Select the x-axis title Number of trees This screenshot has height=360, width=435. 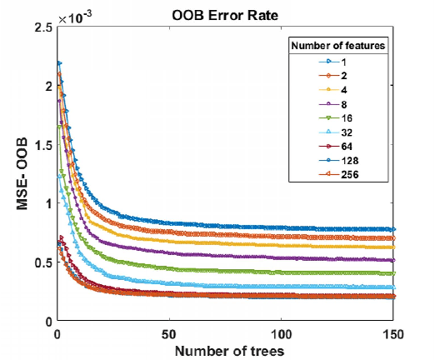(x=225, y=350)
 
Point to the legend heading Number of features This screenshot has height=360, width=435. (x=337, y=46)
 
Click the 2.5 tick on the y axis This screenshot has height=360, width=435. (x=40, y=27)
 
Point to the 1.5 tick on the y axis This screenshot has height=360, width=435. (x=40, y=145)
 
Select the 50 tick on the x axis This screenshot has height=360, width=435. (x=169, y=332)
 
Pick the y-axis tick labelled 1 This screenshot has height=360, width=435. (x=46, y=203)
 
